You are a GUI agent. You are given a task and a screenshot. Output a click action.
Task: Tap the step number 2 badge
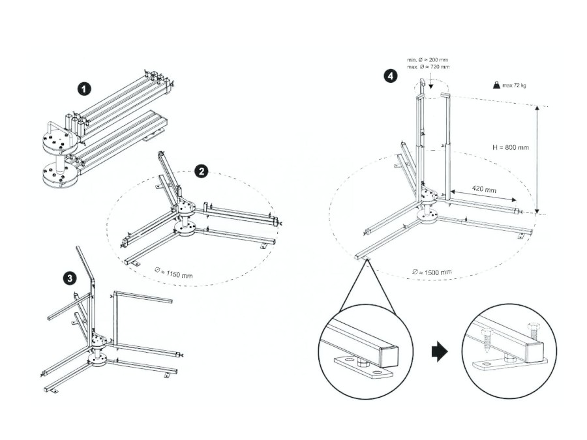coord(202,171)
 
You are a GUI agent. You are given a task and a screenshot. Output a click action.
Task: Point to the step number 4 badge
coord(390,76)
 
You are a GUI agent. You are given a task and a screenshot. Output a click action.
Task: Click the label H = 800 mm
coord(511,147)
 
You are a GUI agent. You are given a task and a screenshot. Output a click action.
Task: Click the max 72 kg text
coord(515,85)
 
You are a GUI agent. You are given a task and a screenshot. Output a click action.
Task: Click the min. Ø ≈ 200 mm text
coord(428,60)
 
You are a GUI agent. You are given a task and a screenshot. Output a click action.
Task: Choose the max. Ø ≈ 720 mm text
coord(428,67)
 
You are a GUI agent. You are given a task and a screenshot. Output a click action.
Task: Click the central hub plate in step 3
coord(98,340)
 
